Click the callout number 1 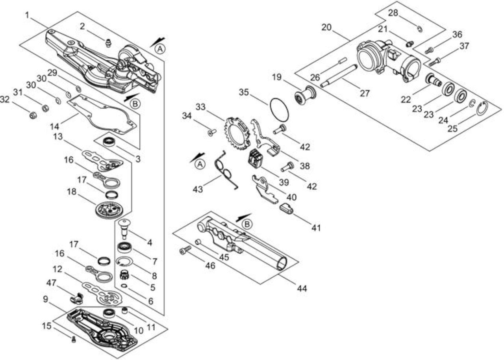27,15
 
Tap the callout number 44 302,288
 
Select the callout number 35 244,92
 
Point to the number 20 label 327,28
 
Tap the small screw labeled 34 211,132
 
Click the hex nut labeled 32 33,115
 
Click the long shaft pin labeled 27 339,75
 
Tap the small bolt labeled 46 185,251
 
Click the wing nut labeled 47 76,298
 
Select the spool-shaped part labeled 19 305,95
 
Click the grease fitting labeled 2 109,43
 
